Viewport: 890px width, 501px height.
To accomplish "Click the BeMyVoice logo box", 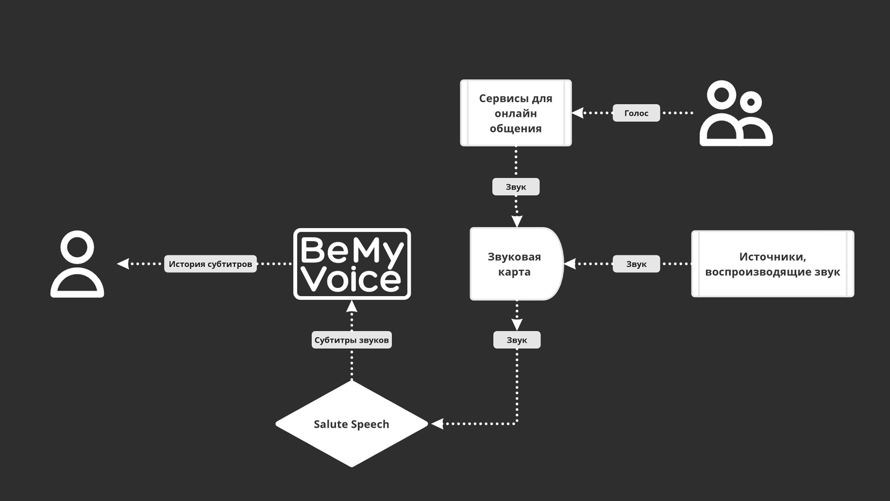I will pos(352,263).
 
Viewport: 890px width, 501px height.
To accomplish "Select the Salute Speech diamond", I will pos(351,424).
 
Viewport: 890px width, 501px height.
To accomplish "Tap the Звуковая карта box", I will pos(516,264).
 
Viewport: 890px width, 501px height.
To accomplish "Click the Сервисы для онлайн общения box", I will pos(515,113).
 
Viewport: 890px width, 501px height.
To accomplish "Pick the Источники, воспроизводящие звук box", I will pos(772,264).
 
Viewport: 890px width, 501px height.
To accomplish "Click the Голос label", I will pos(636,113).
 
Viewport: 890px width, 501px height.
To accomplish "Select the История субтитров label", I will pos(210,264).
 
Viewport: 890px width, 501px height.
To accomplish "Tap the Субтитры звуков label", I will pos(351,340).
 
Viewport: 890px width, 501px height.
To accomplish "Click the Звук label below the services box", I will pos(515,187).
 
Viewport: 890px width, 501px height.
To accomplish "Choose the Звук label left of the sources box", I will pos(636,264).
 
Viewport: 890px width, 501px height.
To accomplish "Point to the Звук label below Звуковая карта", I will pos(516,340).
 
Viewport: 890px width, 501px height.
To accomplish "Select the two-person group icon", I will pos(736,113).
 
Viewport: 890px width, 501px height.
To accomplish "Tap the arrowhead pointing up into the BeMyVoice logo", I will pos(352,306).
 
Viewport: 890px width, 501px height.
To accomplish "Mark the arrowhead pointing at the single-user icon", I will pos(123,264).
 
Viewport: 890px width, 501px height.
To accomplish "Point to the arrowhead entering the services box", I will pos(578,113).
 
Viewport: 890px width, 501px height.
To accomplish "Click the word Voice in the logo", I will pos(351,279).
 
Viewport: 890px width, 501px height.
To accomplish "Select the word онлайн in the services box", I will pos(515,113).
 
